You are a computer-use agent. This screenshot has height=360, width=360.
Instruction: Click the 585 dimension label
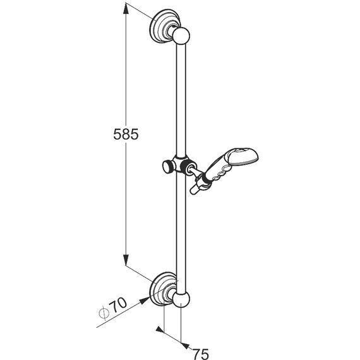[x=126, y=135]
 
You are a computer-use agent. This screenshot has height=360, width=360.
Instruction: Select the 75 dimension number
[x=200, y=354]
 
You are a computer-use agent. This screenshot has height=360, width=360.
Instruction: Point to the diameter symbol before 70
[x=104, y=313]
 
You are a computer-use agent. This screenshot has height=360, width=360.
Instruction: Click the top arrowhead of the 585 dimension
[x=126, y=9]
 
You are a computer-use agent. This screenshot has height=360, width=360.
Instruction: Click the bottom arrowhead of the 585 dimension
[x=126, y=260]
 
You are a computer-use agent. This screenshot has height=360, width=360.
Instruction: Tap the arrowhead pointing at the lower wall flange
[x=144, y=300]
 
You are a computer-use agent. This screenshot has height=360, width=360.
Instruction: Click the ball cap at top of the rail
[x=181, y=35]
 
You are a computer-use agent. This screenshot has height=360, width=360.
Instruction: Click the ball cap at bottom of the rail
[x=181, y=299]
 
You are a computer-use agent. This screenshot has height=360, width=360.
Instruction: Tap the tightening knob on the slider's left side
[x=167, y=166]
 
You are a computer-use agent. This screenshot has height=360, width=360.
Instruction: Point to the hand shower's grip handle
[x=217, y=169]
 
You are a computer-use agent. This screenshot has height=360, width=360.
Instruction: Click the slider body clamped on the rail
[x=183, y=164]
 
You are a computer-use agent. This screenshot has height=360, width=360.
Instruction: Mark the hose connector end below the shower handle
[x=197, y=187]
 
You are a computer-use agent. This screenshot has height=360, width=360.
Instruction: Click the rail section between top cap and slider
[x=181, y=99]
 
